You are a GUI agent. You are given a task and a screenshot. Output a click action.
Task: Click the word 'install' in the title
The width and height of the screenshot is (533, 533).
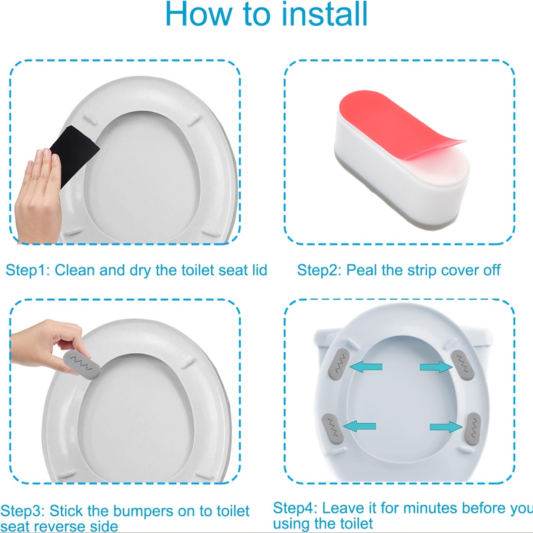324,15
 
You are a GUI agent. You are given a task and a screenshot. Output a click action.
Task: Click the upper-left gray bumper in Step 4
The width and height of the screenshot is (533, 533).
339,364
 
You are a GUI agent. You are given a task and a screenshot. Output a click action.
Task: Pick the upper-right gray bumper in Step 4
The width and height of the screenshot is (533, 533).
462,365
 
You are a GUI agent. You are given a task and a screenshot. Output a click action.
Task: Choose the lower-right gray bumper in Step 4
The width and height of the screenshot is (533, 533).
472,429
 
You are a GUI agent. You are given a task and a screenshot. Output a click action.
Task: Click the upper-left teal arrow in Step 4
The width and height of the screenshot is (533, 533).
366,367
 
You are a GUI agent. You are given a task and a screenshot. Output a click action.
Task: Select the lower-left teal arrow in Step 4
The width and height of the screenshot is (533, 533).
360,426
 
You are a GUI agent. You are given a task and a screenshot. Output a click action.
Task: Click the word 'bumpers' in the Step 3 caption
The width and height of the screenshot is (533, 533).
154,511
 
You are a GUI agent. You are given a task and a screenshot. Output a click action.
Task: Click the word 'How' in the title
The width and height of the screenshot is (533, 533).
198,15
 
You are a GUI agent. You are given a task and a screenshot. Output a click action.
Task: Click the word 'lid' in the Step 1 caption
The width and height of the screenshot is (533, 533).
259,271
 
